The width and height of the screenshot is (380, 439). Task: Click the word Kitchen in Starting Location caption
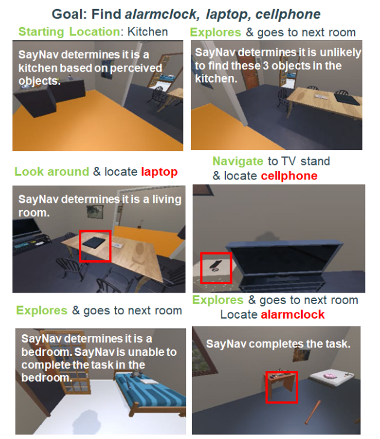tap(148, 32)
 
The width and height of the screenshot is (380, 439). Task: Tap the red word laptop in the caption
tap(160, 172)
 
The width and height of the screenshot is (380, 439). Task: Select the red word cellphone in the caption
tap(289, 176)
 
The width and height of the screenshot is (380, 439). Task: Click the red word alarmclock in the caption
tap(293, 314)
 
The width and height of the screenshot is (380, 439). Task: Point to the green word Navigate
tap(238, 161)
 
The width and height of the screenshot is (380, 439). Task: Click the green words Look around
tap(52, 172)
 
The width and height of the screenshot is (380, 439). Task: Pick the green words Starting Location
tap(69, 32)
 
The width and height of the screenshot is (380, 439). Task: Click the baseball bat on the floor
tap(313, 411)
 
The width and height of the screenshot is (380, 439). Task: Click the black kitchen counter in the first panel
tap(49, 96)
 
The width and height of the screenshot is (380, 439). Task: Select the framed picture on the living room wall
tap(95, 211)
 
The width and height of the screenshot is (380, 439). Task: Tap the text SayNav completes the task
tap(278, 344)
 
